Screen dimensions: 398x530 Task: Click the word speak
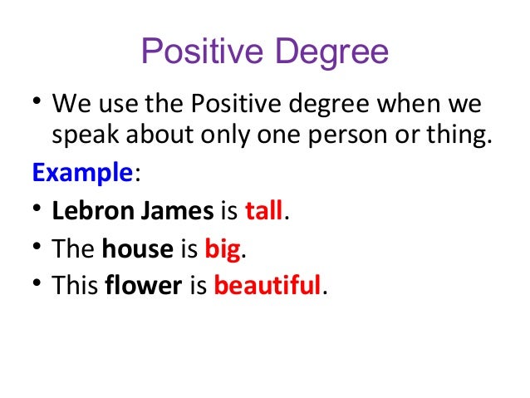(x=86, y=137)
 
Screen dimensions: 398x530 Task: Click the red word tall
(x=264, y=210)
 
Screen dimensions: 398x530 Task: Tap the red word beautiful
(x=267, y=285)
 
